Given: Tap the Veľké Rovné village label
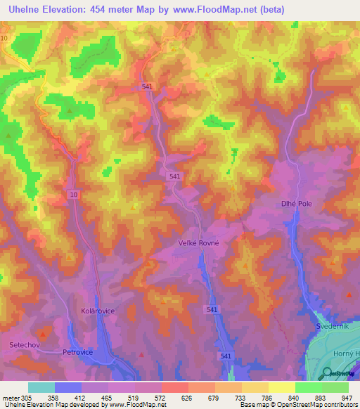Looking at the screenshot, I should [200, 244].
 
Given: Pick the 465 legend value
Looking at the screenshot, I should [108, 397].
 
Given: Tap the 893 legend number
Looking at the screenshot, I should [321, 397].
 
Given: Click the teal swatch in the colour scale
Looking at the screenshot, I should [41, 387].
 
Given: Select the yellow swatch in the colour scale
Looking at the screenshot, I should [281, 387].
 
